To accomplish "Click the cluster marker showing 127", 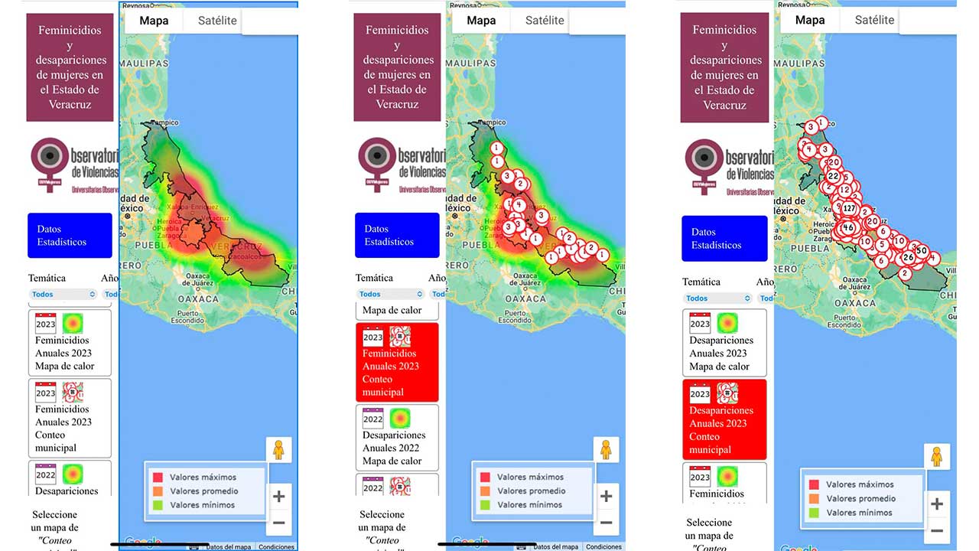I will (849, 208).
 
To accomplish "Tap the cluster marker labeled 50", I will (922, 250).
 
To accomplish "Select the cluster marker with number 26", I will (908, 257).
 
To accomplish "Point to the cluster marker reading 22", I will (833, 176).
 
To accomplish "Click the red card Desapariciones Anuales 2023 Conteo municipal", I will (724, 419).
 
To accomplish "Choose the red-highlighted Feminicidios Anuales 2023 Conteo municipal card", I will (397, 362).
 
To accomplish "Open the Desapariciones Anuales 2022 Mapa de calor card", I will (397, 437).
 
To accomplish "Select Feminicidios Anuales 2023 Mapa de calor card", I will (70, 342).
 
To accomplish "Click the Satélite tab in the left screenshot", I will (217, 21).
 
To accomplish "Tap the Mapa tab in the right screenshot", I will (809, 20).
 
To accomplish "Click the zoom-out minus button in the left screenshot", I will (278, 523).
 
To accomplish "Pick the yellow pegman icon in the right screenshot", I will (936, 458).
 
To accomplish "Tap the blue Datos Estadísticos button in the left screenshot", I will (70, 236).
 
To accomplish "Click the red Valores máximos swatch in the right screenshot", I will (813, 484).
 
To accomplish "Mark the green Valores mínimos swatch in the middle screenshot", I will (485, 505).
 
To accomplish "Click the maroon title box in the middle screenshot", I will (397, 67).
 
